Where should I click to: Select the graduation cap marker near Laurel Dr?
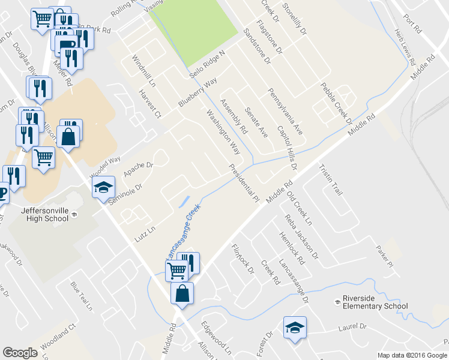click(x=295, y=328)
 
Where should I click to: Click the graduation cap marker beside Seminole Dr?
click(x=103, y=187)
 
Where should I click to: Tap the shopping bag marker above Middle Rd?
click(x=182, y=293)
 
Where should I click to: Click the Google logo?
click(x=20, y=353)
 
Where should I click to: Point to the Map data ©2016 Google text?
click(x=412, y=355)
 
